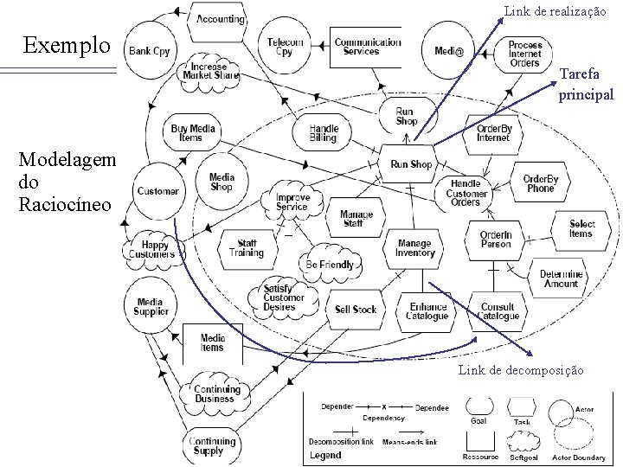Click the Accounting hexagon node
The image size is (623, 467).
(220, 18)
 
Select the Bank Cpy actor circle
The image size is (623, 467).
(150, 51)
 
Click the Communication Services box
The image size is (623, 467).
(367, 46)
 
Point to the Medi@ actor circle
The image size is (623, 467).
(448, 51)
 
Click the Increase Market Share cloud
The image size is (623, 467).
(209, 72)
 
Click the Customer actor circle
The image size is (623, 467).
(157, 190)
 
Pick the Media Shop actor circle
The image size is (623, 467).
(222, 182)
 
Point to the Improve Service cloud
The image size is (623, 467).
(292, 202)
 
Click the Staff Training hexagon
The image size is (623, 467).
(247, 248)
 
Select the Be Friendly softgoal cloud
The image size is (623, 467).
(330, 263)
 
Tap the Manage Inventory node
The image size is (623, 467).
(414, 248)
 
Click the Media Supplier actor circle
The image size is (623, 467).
(151, 307)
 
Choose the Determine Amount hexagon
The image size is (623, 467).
(561, 278)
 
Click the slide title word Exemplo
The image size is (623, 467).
(67, 43)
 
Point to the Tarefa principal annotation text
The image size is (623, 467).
(585, 86)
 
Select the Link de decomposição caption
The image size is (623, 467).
(521, 370)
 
